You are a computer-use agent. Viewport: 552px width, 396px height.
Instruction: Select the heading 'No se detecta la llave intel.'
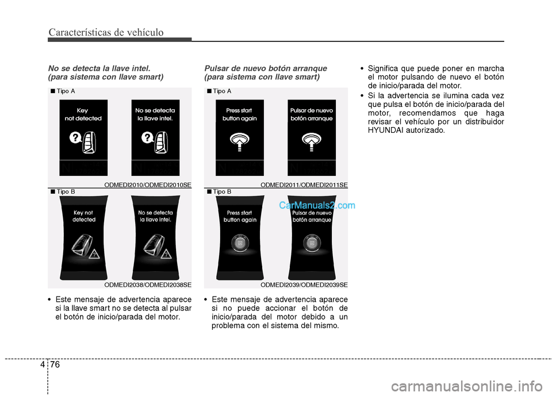coord(99,68)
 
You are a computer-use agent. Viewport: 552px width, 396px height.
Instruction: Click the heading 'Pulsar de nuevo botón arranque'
coord(266,68)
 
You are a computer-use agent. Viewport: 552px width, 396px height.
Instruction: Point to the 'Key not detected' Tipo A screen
coord(83,137)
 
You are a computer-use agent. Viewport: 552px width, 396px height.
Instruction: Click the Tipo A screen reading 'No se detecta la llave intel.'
coord(155,137)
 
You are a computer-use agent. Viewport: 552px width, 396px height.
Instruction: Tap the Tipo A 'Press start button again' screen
coord(240,137)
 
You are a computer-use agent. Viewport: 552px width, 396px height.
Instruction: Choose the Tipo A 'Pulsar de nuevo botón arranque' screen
coord(312,137)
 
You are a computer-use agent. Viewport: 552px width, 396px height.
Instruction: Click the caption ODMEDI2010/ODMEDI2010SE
coord(148,184)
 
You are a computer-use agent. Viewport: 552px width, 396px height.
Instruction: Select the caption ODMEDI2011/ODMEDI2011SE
coord(304,184)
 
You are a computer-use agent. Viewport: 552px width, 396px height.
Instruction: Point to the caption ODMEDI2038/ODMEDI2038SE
coord(148,284)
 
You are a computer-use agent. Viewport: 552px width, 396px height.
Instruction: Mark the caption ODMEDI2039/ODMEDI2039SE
coord(304,284)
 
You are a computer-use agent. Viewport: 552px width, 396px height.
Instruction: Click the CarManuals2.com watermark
coord(317,205)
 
